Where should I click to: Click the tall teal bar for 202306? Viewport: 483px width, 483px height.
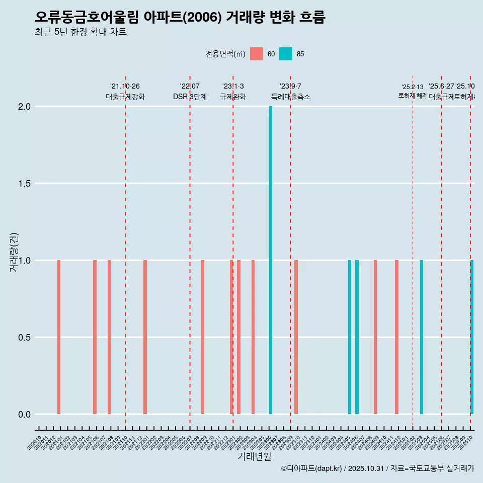271,260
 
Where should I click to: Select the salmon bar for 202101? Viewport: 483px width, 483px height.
59,337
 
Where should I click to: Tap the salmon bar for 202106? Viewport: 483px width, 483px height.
95,337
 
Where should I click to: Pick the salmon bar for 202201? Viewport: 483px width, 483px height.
145,337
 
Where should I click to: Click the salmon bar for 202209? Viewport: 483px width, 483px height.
203,337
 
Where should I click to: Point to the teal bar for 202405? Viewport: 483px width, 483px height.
350,337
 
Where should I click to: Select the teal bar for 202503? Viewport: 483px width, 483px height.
422,337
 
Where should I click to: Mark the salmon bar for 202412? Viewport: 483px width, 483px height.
396,337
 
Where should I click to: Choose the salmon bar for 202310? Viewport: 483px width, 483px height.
296,337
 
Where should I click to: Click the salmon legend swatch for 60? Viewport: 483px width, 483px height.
257,54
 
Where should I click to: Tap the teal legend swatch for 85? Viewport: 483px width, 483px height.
286,54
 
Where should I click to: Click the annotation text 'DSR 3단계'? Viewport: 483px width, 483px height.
190,97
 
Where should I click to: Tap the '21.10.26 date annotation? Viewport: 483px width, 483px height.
125,87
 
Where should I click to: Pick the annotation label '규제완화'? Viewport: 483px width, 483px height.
233,97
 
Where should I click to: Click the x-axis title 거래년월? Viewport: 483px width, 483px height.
254,457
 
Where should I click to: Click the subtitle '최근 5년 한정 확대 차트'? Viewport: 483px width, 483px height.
80,32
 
